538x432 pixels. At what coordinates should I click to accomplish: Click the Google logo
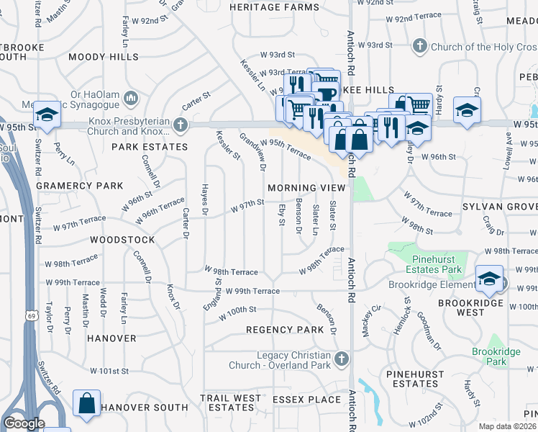[24, 423]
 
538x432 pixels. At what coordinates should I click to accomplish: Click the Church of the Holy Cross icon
[419, 47]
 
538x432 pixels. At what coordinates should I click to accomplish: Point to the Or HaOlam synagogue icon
[131, 97]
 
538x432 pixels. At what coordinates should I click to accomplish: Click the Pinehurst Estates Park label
[437, 264]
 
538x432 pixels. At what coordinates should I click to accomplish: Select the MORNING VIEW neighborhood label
[306, 187]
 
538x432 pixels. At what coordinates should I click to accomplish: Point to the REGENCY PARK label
[285, 329]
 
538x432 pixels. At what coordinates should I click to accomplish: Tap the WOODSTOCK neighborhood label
[122, 239]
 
